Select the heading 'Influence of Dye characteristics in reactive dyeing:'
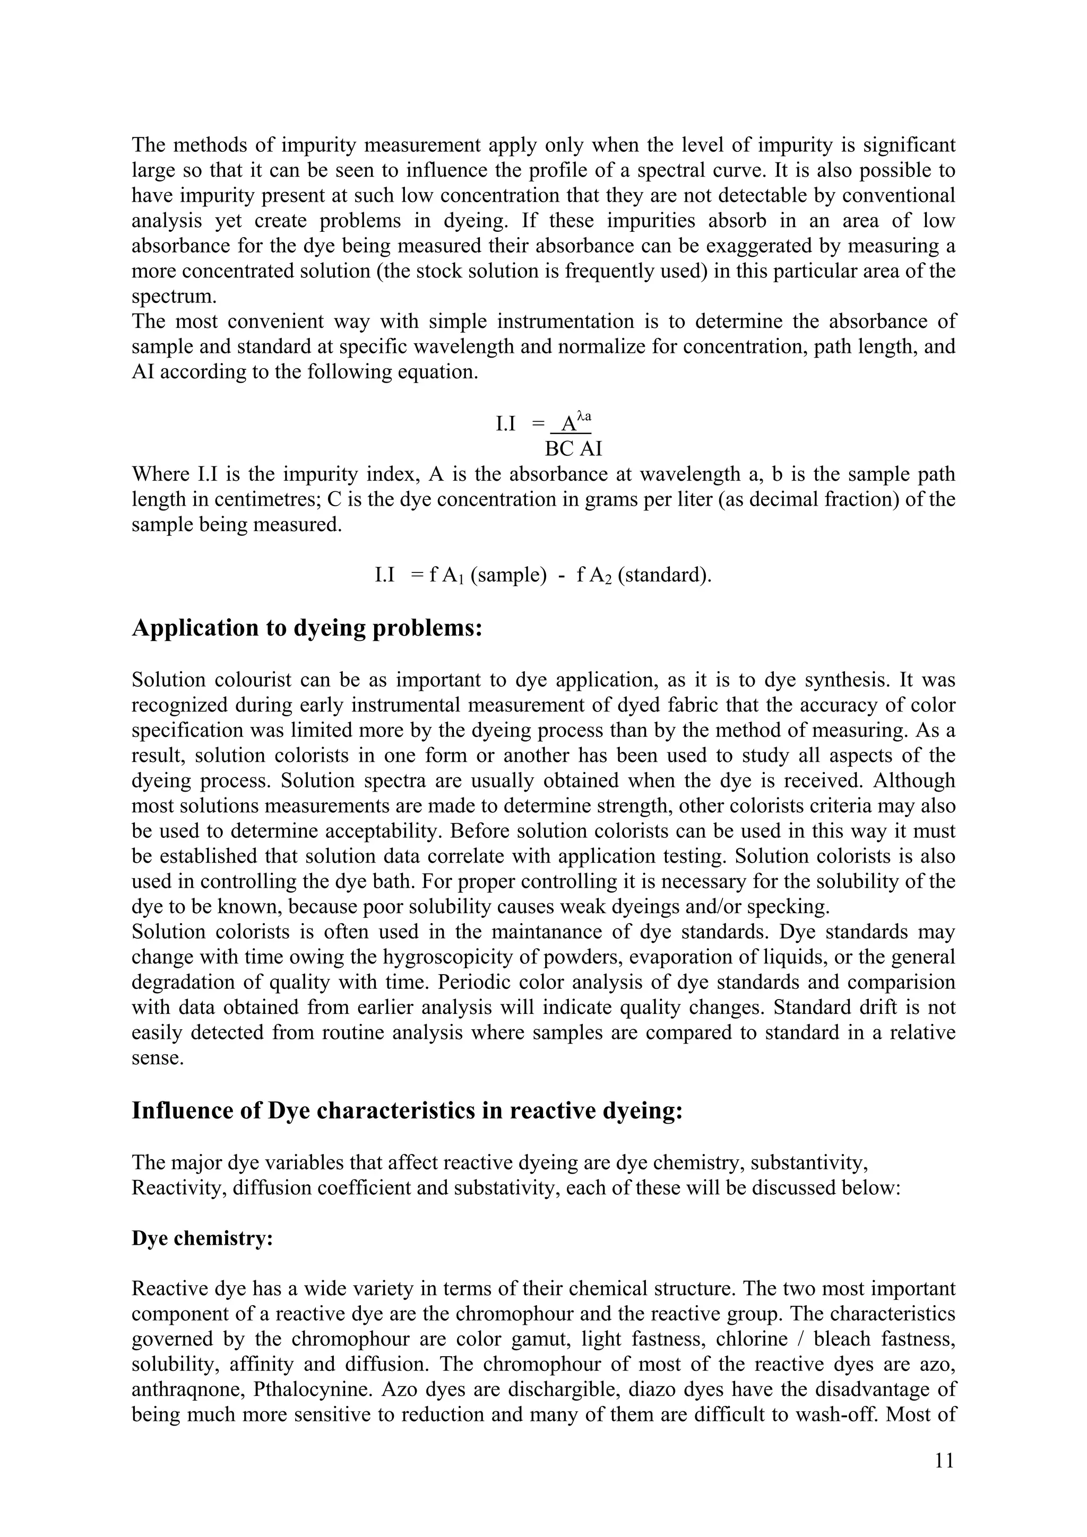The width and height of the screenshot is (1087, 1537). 407,1110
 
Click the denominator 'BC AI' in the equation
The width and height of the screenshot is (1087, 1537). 573,448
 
